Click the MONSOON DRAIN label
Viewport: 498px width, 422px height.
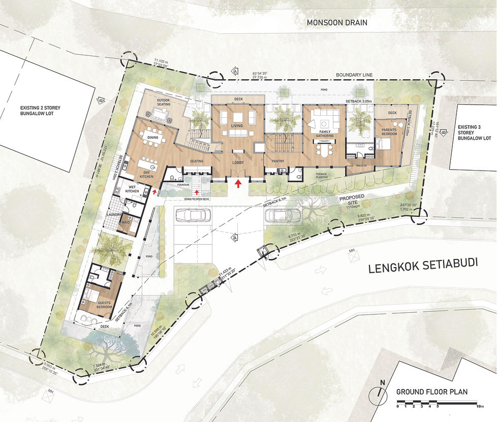[336, 23]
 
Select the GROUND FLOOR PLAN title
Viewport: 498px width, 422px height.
[431, 392]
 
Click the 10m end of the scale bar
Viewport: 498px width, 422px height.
[480, 406]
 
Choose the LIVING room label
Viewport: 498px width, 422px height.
[237, 125]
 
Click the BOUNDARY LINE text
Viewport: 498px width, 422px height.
[354, 75]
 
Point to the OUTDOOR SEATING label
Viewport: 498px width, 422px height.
[163, 102]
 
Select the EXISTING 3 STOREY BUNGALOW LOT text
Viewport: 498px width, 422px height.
[474, 133]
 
